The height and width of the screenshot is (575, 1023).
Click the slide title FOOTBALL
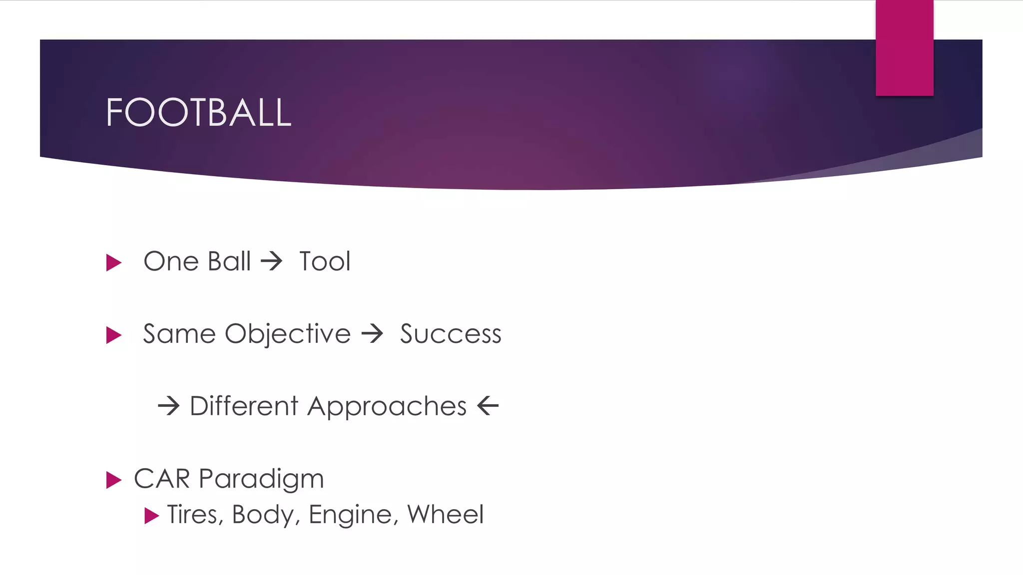pos(198,112)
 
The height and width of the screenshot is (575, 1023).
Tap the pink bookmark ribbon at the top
pos(904,47)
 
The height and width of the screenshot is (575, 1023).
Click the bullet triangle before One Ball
pos(114,263)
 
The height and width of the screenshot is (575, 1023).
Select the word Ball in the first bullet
pos(229,262)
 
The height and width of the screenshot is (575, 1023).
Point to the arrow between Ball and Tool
pos(272,262)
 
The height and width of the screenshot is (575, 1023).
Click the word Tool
pos(325,262)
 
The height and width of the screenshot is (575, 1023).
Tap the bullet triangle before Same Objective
pos(114,335)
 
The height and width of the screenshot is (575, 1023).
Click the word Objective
pos(288,334)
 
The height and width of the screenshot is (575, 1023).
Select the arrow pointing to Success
pos(372,333)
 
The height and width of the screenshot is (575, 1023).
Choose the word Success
pos(450,334)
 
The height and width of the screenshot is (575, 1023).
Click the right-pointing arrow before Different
pos(168,406)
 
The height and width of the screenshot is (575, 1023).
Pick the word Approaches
pos(387,406)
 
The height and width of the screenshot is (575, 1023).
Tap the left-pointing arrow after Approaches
pos(488,405)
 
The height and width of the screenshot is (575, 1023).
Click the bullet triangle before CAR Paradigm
pos(114,480)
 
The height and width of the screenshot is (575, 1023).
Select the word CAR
pos(162,479)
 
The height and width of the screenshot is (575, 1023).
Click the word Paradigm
pos(261,479)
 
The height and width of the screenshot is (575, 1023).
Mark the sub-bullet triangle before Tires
pos(151,516)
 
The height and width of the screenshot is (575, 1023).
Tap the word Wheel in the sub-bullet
pos(445,514)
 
